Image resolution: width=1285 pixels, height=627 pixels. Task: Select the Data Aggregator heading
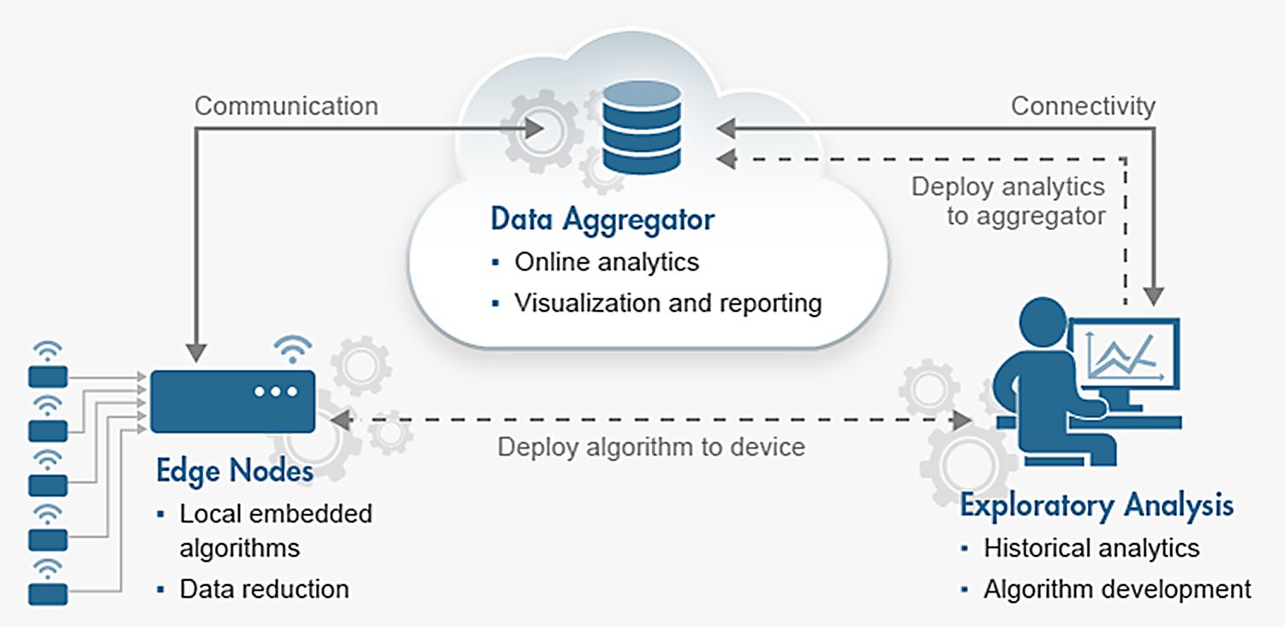point(602,219)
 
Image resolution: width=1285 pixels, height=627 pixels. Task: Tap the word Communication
point(286,106)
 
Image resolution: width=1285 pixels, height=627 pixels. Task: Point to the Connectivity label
point(1083,106)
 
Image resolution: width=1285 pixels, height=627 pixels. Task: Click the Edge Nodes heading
point(235,471)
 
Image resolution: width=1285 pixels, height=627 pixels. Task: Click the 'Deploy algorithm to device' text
point(651,447)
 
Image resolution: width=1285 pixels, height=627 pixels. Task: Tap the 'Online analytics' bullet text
point(607,262)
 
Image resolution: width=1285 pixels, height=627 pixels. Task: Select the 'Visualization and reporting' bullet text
point(668,302)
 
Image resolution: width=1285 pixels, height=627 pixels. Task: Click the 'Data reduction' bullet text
point(264,588)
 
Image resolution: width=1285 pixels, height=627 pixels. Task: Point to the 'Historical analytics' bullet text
point(1091,547)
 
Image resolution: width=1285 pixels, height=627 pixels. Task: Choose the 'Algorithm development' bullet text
point(1117,589)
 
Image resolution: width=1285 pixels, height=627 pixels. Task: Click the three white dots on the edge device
point(275,391)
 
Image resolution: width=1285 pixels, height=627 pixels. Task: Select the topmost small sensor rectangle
point(48,377)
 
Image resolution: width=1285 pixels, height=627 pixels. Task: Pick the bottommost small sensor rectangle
point(48,594)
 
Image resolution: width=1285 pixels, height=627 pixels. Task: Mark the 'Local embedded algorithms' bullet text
point(276,530)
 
